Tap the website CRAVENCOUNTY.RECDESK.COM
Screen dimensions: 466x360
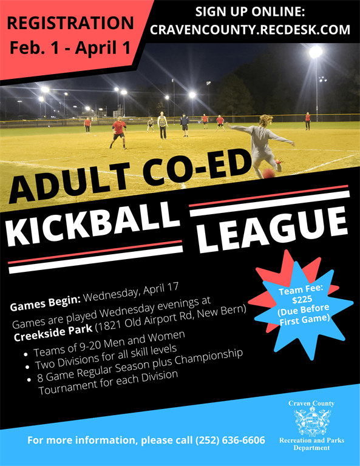tap(250, 30)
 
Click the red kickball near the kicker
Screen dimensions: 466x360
tap(268, 174)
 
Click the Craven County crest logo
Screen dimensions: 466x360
tap(311, 421)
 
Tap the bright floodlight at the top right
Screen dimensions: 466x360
tap(315, 52)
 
